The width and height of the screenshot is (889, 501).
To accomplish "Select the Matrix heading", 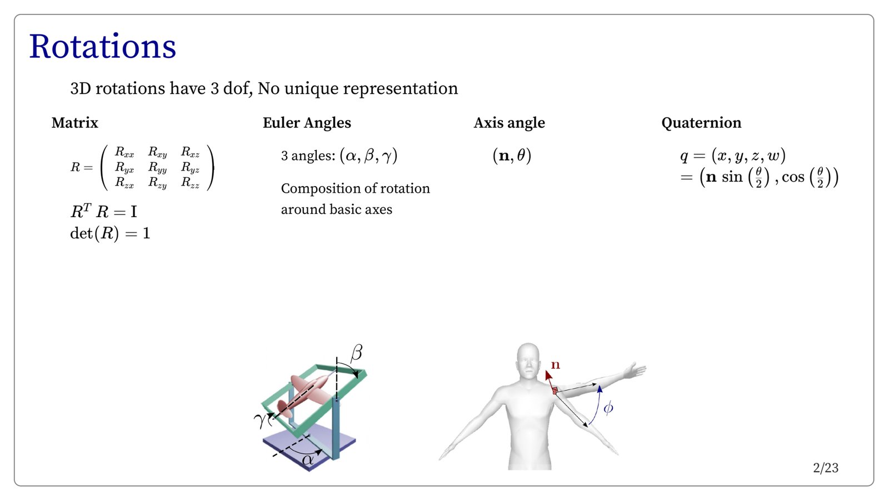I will tap(74, 123).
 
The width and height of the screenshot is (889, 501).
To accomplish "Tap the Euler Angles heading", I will tap(307, 123).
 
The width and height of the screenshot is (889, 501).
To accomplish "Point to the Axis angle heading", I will tap(509, 123).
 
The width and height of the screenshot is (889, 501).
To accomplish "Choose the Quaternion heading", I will tap(701, 123).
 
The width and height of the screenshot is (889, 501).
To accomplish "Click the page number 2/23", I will tap(826, 468).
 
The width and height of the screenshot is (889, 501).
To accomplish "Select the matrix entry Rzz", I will tap(190, 182).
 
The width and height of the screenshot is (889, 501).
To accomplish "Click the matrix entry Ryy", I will tap(157, 167).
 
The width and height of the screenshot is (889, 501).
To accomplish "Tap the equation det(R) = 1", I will tap(110, 233).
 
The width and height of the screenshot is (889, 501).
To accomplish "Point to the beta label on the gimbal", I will tap(357, 352).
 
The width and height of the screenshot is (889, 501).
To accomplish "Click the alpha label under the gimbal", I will tap(307, 460).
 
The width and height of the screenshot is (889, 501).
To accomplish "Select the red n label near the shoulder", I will tap(555, 365).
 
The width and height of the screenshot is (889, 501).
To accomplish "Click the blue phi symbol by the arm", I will tap(608, 408).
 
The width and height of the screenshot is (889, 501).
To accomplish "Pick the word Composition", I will tap(317, 188).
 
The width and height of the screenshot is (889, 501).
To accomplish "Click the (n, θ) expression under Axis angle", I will tap(512, 156).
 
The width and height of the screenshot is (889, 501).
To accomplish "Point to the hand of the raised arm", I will tap(635, 370).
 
